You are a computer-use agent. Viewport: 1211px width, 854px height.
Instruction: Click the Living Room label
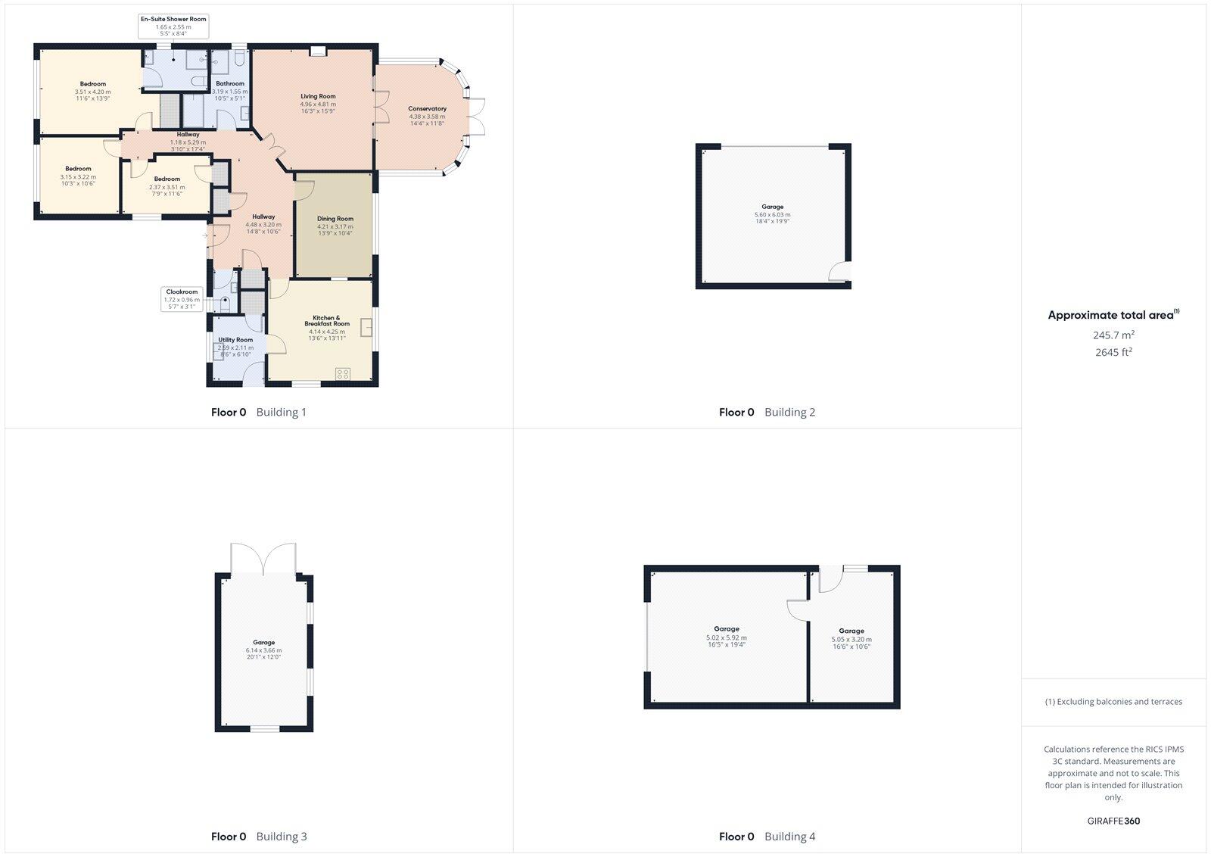click(318, 96)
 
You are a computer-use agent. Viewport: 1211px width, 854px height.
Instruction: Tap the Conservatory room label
click(427, 109)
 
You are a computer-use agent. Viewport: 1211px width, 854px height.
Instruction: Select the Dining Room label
click(335, 219)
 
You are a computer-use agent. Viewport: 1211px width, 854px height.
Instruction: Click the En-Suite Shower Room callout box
click(173, 26)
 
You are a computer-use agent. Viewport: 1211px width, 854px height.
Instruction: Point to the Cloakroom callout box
click(182, 299)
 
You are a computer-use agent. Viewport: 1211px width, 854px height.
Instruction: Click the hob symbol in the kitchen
click(343, 372)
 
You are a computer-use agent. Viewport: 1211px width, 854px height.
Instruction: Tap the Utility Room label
click(235, 340)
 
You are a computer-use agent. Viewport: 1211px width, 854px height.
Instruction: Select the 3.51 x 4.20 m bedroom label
click(93, 84)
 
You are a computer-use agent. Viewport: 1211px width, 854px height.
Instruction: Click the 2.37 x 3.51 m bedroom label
click(167, 179)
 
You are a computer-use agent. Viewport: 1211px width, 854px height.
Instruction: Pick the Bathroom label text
click(230, 84)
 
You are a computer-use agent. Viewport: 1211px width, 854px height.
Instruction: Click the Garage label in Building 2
click(772, 207)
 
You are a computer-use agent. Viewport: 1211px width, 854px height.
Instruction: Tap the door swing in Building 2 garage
click(839, 271)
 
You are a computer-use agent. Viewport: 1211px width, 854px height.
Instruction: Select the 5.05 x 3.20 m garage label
click(851, 631)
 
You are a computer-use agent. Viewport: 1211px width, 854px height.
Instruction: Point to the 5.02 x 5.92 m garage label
click(726, 629)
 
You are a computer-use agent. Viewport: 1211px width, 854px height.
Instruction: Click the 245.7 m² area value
click(1113, 335)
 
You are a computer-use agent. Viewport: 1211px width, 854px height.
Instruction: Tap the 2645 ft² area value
click(1113, 352)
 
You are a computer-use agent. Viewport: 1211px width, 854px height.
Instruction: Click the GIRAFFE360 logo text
click(1113, 821)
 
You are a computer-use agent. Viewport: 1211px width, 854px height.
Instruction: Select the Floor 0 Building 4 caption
click(767, 837)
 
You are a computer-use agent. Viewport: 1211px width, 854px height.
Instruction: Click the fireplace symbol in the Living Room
click(319, 51)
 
